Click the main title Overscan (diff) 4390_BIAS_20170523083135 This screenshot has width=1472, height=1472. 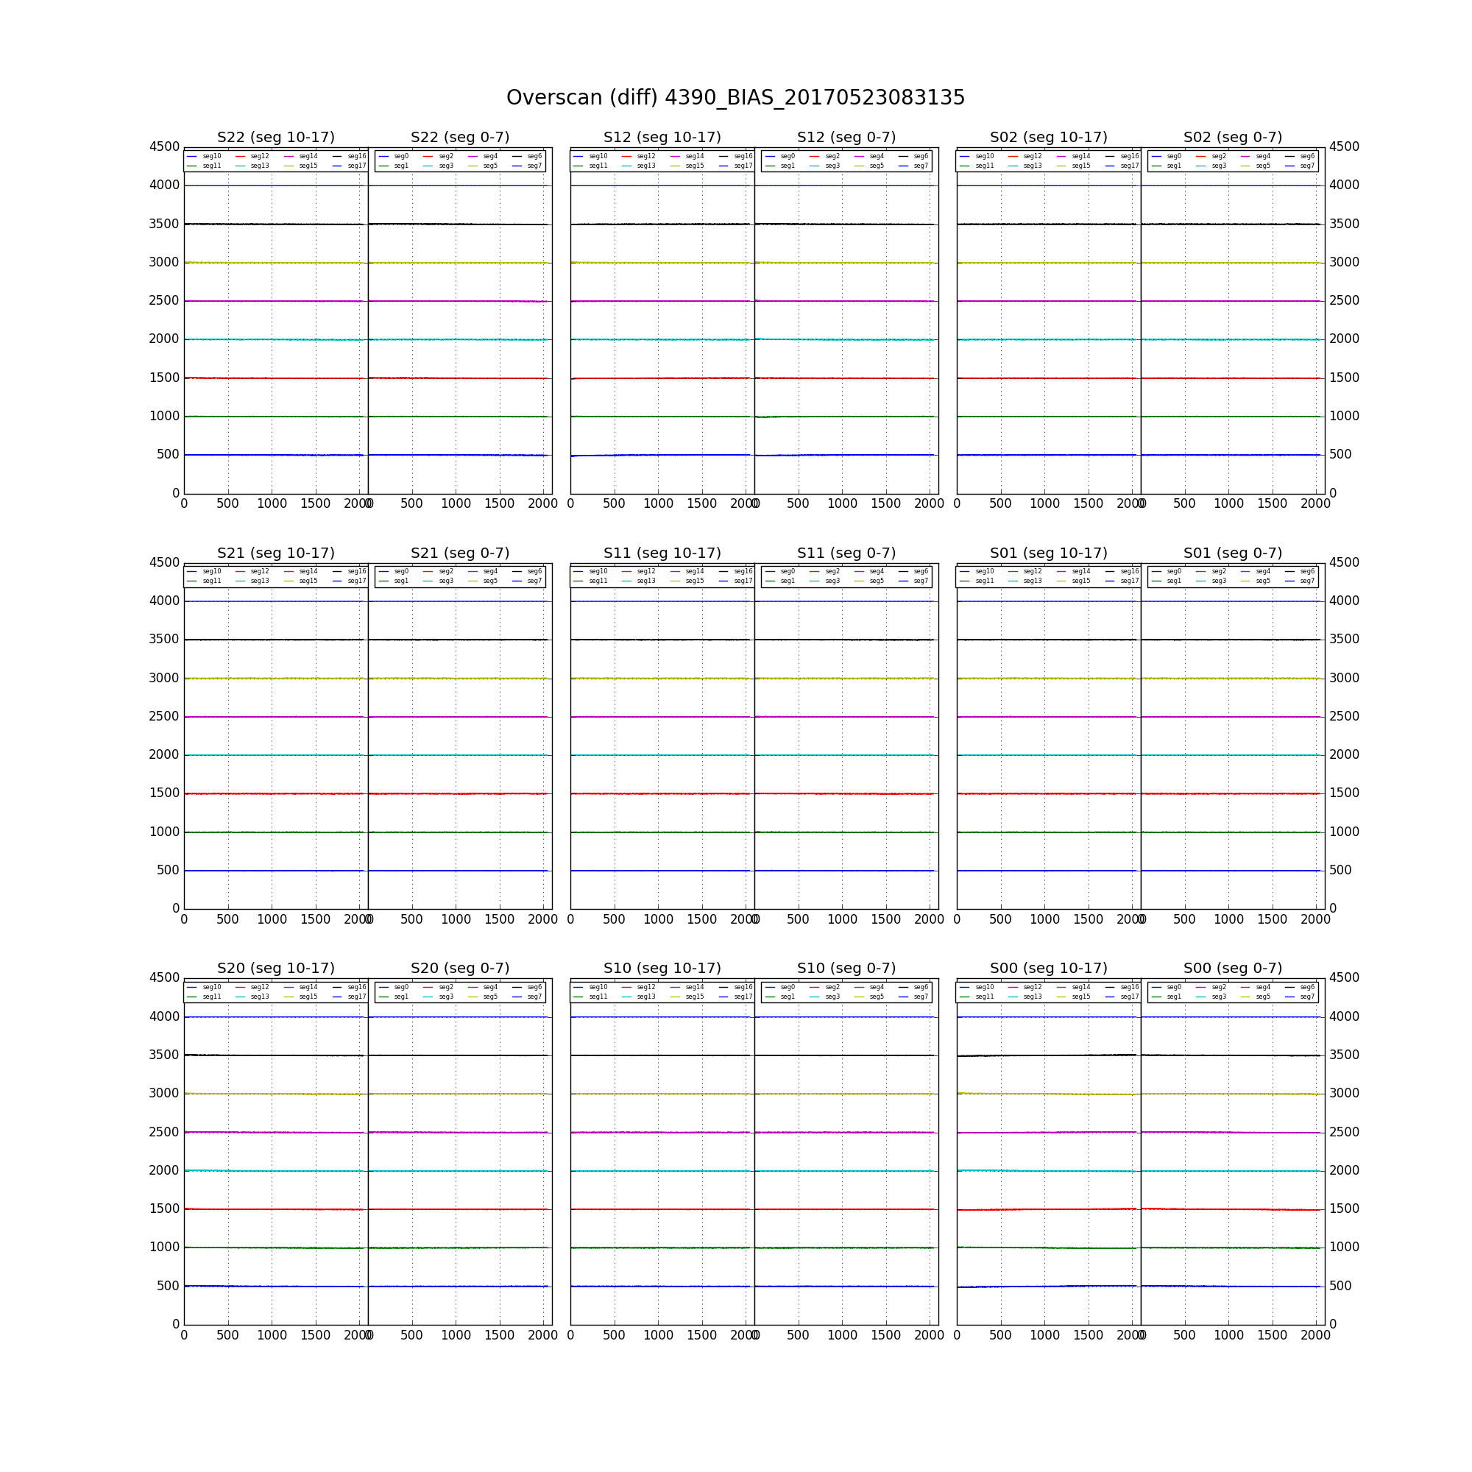(x=735, y=99)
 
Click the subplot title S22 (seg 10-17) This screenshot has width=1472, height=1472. (x=276, y=137)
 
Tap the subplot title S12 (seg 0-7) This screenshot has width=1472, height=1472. (x=846, y=137)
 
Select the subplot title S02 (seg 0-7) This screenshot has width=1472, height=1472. (x=1232, y=137)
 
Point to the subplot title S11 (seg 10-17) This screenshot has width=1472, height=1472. (x=662, y=553)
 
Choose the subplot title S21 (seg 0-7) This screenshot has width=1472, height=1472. (x=459, y=553)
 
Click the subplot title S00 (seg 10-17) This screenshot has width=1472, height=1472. (x=1048, y=969)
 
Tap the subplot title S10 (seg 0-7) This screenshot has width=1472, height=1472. (x=846, y=969)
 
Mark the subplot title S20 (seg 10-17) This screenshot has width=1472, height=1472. (x=276, y=969)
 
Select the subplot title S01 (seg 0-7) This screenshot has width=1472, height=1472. (x=1232, y=553)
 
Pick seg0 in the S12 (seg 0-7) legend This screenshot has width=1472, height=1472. (x=787, y=156)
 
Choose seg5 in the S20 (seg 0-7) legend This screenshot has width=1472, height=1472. (x=490, y=997)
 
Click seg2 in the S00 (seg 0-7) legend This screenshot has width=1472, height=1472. (x=1218, y=988)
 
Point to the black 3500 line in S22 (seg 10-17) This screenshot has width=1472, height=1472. (x=275, y=224)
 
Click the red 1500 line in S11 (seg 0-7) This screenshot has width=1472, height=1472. (x=846, y=794)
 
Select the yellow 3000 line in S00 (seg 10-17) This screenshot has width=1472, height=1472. (x=1048, y=1094)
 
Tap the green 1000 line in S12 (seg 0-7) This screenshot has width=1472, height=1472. (x=846, y=417)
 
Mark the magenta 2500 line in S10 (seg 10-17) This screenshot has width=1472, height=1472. (x=662, y=1133)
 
